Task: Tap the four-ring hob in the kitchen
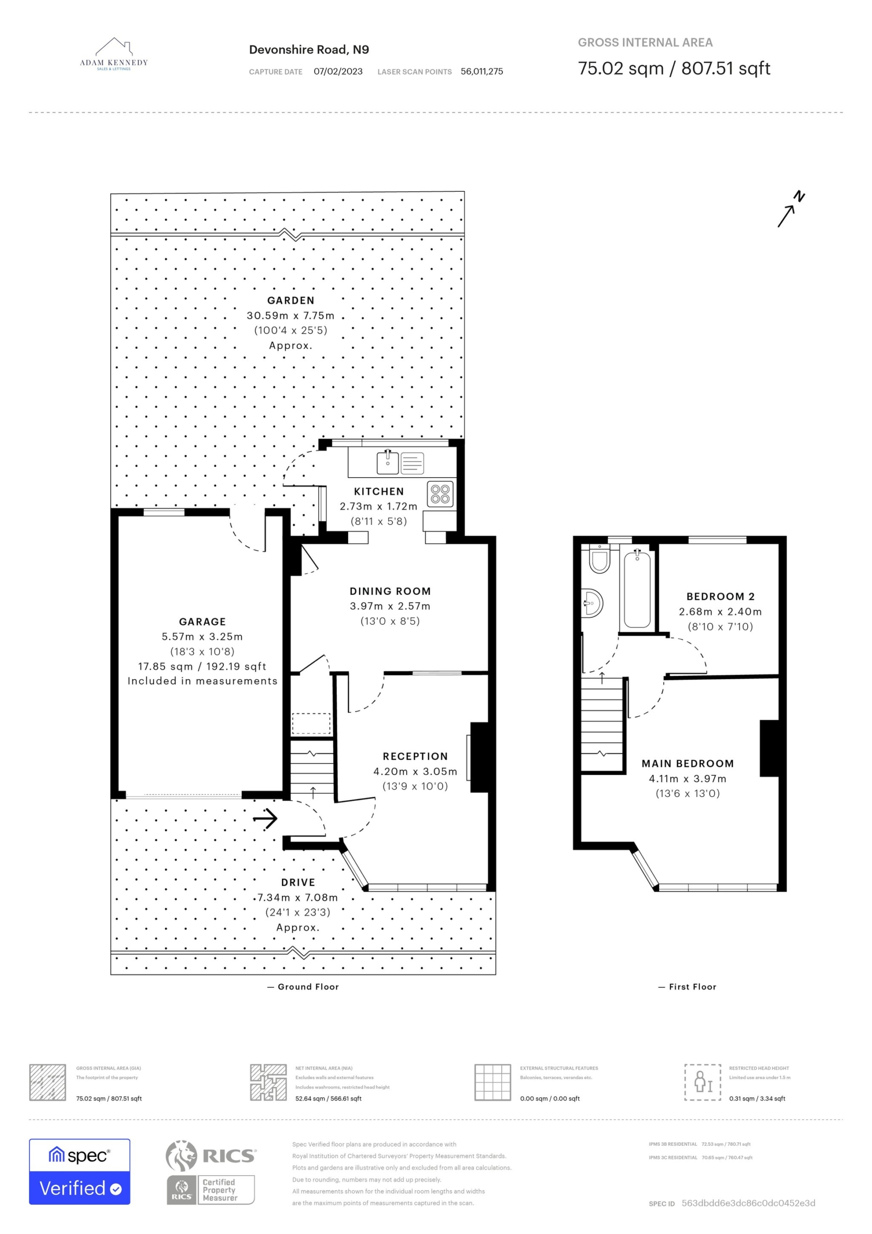pyautogui.click(x=440, y=494)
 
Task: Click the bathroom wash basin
pyautogui.click(x=592, y=603)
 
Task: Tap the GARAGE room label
pyautogui.click(x=202, y=622)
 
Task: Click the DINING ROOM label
pyautogui.click(x=390, y=591)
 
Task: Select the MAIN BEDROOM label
pyautogui.click(x=687, y=764)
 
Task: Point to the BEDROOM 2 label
pyautogui.click(x=721, y=597)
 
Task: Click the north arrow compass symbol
pyautogui.click(x=791, y=209)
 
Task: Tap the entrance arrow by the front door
pyautogui.click(x=265, y=818)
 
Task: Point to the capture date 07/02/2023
pyautogui.click(x=338, y=71)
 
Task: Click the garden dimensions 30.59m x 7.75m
pyautogui.click(x=291, y=315)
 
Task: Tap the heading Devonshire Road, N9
pyautogui.click(x=309, y=50)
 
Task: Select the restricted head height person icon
pyautogui.click(x=703, y=1082)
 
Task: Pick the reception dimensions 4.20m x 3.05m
pyautogui.click(x=415, y=771)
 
